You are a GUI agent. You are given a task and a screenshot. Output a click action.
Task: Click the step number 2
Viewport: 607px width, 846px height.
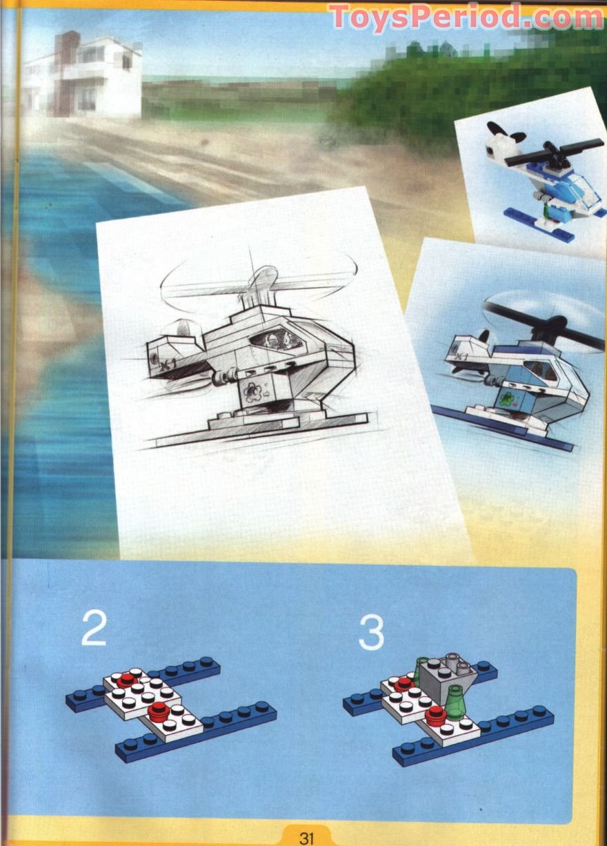click(94, 629)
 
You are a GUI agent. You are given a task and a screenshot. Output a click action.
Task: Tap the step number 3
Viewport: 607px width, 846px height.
click(372, 633)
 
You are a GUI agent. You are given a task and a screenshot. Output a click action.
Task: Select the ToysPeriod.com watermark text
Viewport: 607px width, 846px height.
click(466, 17)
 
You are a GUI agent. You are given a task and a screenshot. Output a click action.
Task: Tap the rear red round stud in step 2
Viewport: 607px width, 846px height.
click(126, 680)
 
